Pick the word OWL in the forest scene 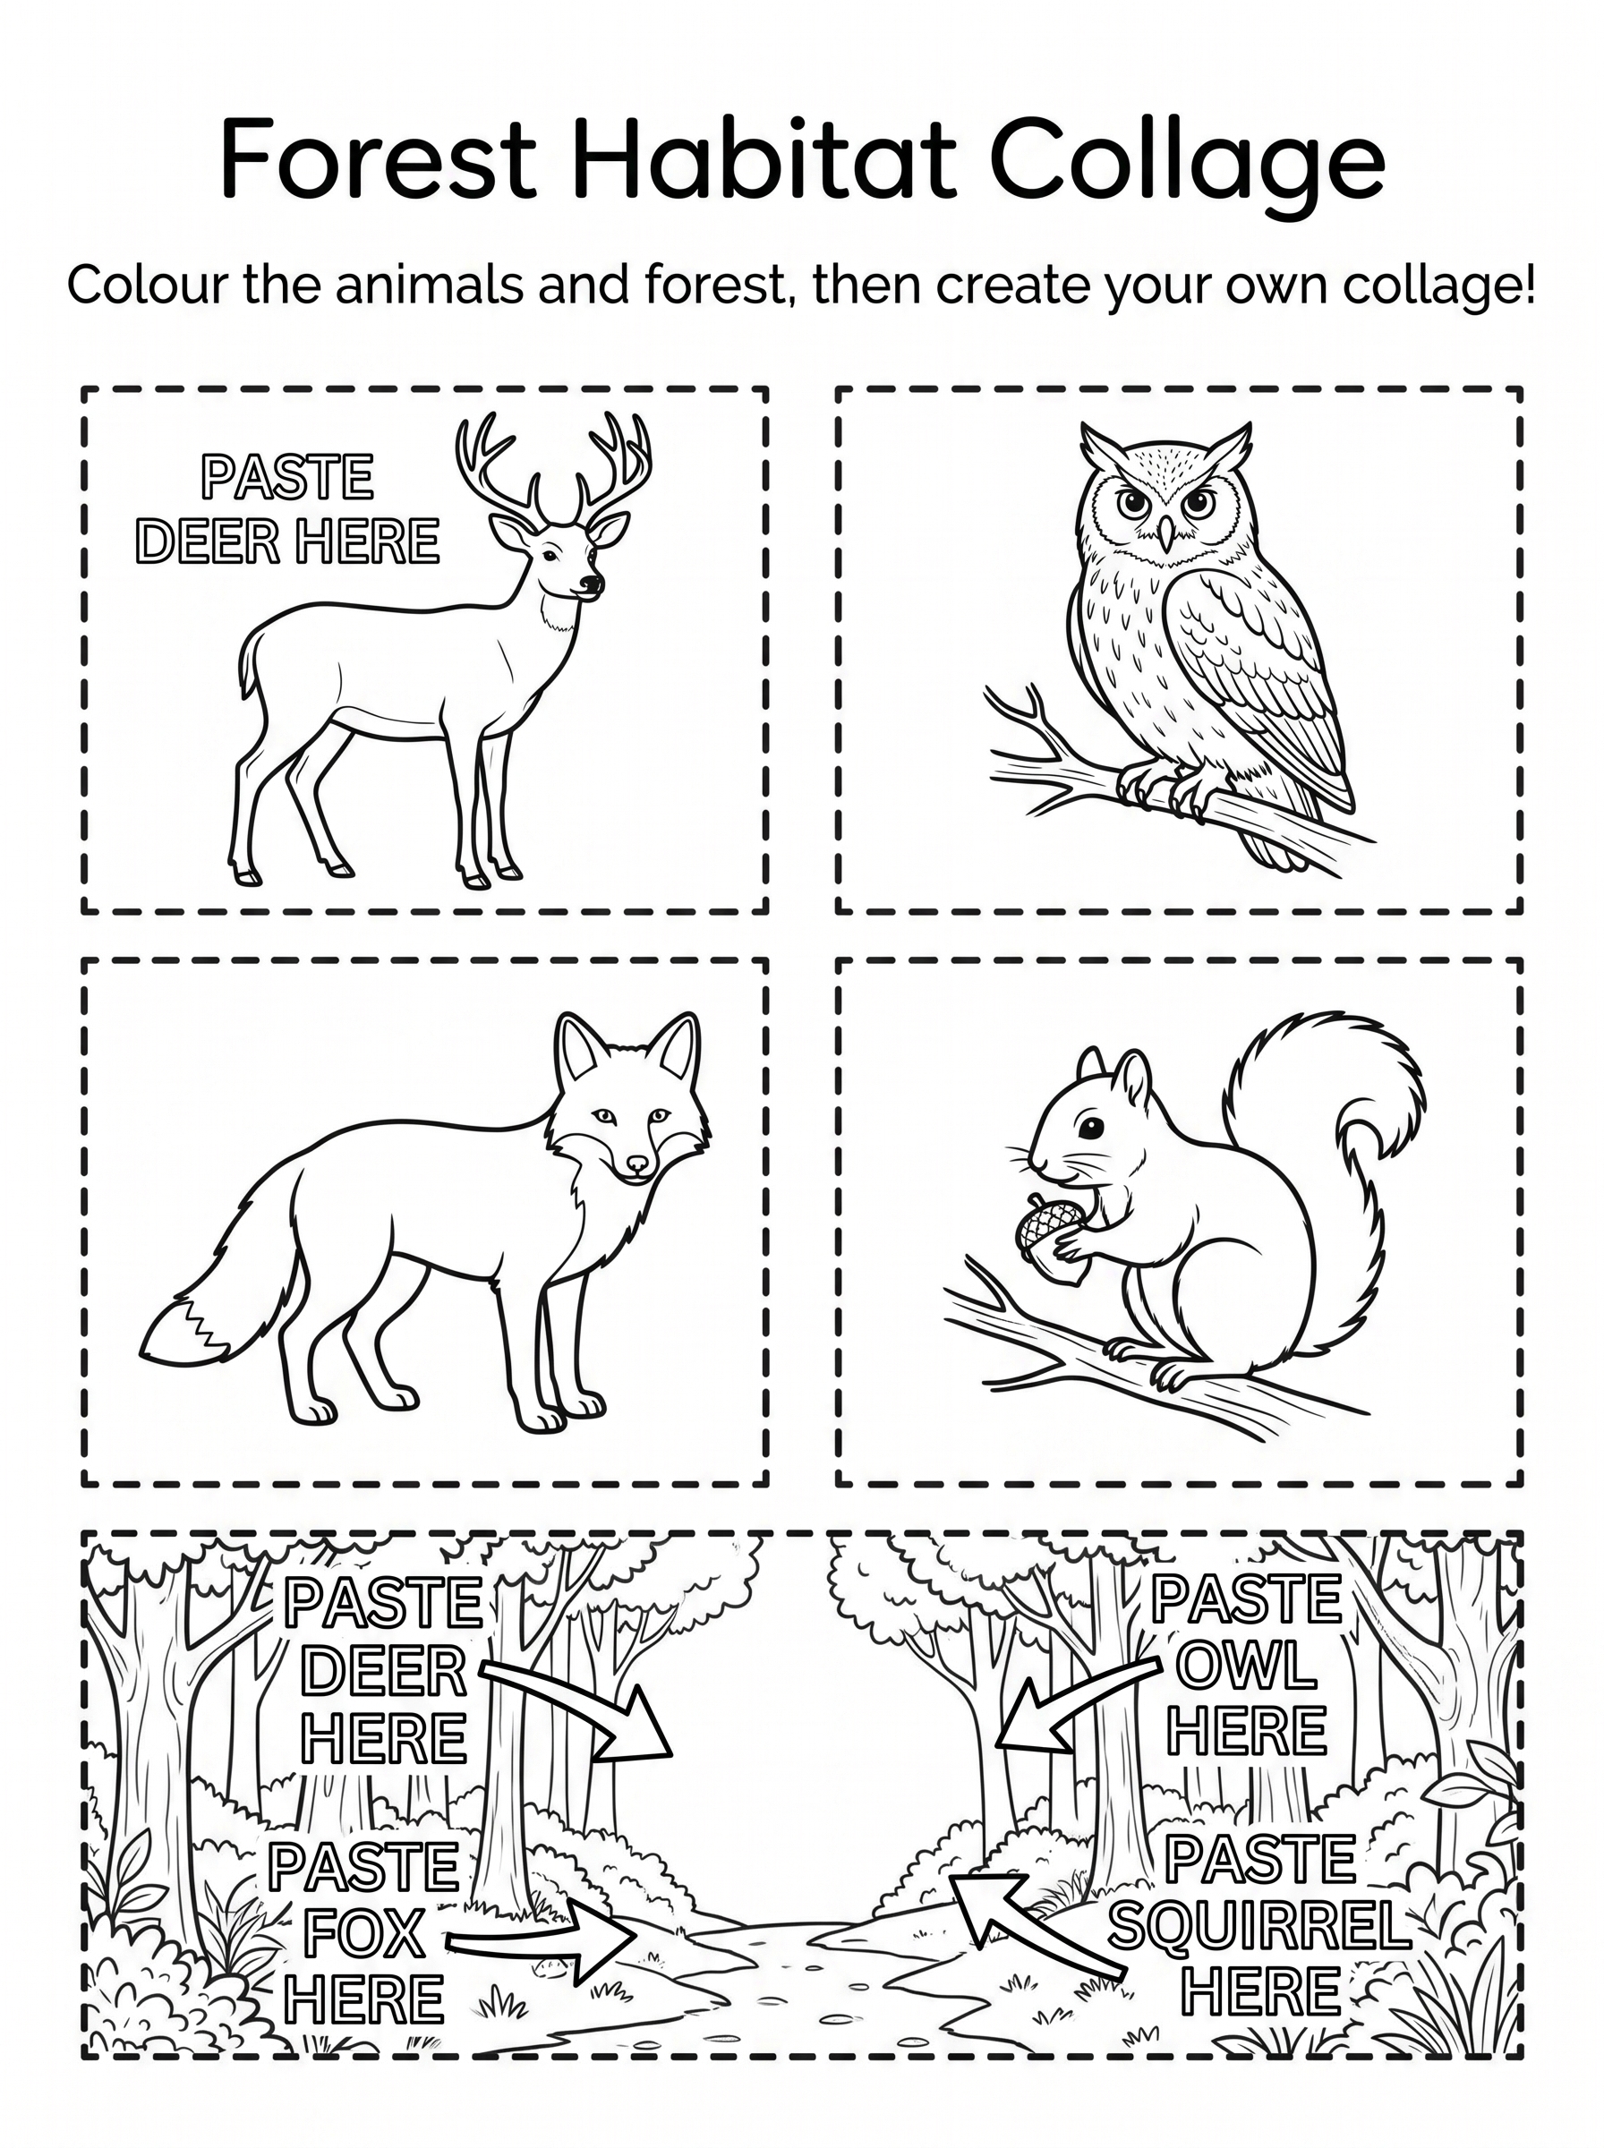[1247, 1666]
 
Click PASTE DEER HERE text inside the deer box [288, 509]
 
